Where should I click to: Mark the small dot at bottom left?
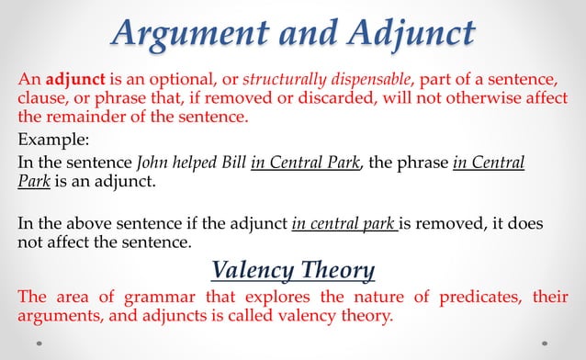[39, 346]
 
